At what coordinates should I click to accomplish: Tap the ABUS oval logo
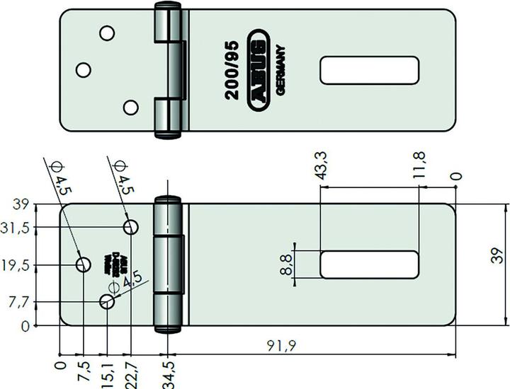click(x=259, y=71)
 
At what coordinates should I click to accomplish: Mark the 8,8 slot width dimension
click(x=286, y=265)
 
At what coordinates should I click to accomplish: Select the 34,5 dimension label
click(x=168, y=373)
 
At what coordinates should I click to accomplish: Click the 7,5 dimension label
click(x=84, y=371)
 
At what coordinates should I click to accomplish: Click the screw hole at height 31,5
click(x=131, y=227)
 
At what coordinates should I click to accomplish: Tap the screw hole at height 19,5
click(x=84, y=265)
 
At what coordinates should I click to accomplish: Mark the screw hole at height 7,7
click(x=107, y=302)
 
